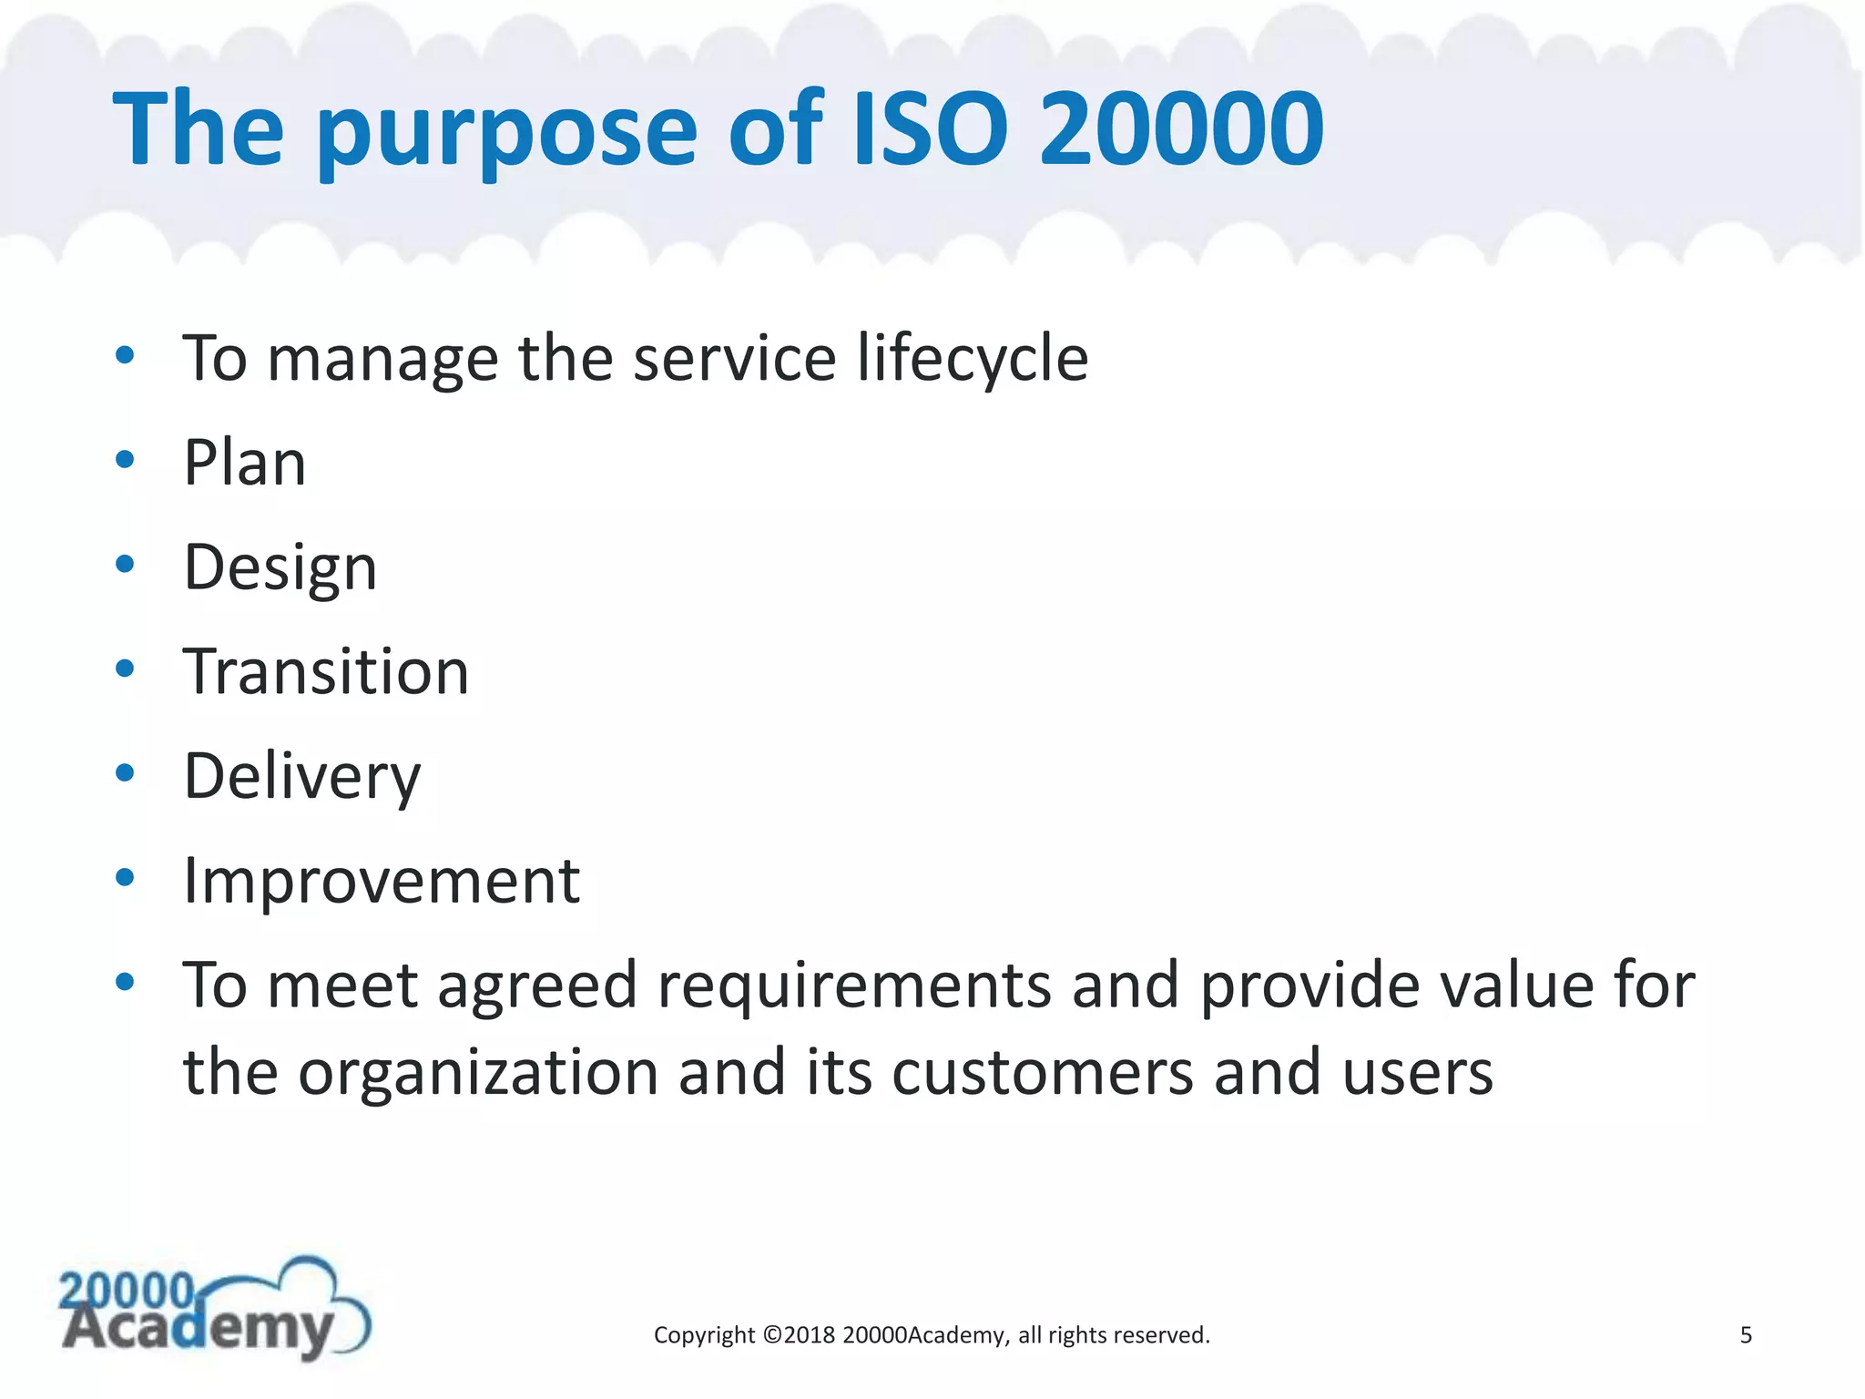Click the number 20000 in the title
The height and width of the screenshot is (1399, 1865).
pyautogui.click(x=1181, y=129)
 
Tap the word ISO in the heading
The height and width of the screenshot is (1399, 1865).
pyautogui.click(x=930, y=129)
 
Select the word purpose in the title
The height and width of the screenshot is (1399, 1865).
pyautogui.click(x=506, y=135)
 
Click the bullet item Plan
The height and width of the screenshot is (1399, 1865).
pyautogui.click(x=244, y=463)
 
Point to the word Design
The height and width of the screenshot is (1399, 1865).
pyautogui.click(x=280, y=568)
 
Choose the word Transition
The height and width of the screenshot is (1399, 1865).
pyautogui.click(x=325, y=672)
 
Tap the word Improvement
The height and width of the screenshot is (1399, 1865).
pyautogui.click(x=381, y=882)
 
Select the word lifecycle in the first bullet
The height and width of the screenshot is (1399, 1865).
pyautogui.click(x=972, y=359)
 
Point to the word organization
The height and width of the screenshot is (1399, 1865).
pyautogui.click(x=478, y=1073)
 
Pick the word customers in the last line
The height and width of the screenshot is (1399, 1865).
pyautogui.click(x=1042, y=1073)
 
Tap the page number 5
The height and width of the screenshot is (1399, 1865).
pyautogui.click(x=1746, y=1335)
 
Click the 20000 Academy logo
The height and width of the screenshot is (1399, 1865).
pyautogui.click(x=215, y=1312)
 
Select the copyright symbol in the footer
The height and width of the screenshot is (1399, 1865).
pyautogui.click(x=771, y=1335)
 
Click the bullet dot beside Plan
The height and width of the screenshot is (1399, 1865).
pyautogui.click(x=125, y=460)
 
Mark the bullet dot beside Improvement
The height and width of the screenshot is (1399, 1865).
pyautogui.click(x=125, y=878)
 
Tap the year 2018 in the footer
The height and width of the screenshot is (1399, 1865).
pyautogui.click(x=809, y=1335)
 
